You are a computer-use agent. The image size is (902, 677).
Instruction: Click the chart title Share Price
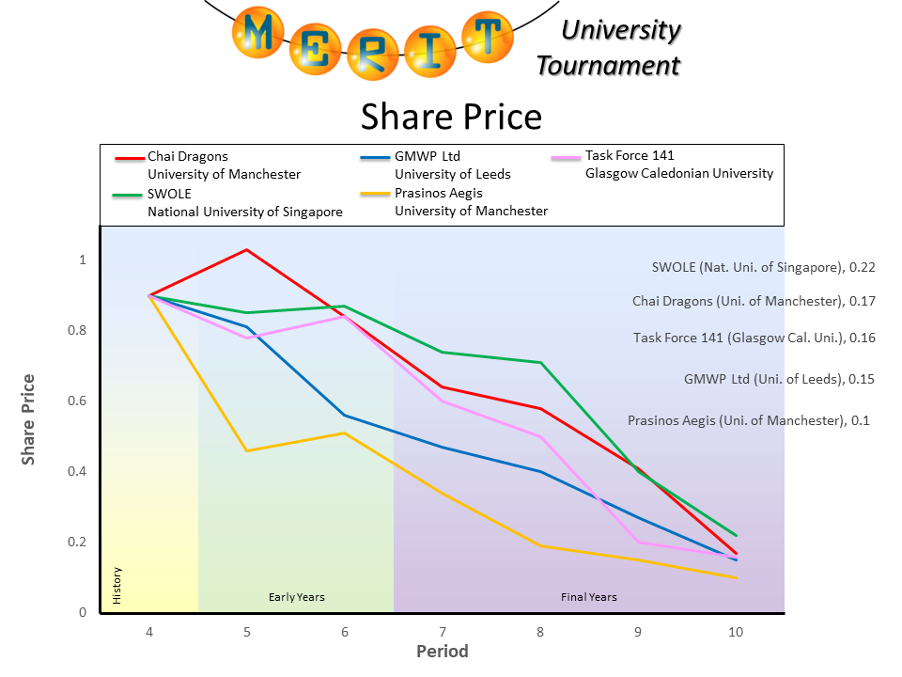451,117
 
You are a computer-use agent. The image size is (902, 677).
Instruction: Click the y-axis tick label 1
83,260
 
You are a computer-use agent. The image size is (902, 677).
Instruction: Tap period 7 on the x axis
443,632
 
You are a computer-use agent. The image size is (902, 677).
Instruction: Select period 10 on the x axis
736,632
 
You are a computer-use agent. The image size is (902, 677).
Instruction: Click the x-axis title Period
442,651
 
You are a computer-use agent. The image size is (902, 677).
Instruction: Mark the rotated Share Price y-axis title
29,419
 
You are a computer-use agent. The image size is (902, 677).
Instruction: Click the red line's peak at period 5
246,249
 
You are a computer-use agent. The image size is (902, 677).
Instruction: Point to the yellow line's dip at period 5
246,450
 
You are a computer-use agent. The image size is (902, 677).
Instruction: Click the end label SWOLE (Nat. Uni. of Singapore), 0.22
763,267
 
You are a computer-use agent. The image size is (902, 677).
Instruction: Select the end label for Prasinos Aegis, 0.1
748,420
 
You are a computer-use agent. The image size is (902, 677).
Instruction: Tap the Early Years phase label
296,597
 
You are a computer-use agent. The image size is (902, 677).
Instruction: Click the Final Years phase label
588,597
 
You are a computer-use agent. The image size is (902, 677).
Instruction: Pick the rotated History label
117,586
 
